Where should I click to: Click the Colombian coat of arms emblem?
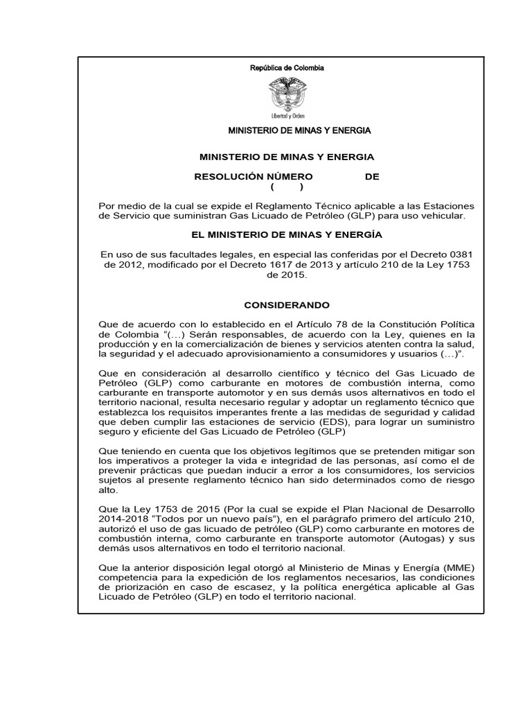[286, 94]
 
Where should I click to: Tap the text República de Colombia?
[287, 68]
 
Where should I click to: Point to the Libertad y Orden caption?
[287, 115]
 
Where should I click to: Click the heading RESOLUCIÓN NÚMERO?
[253, 177]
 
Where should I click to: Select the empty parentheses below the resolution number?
[287, 187]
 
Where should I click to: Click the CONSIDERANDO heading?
[287, 305]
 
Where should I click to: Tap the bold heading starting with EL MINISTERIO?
[287, 235]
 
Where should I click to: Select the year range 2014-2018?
[123, 519]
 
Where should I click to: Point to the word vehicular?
[443, 216]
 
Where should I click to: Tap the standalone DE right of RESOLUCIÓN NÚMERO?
[372, 177]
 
